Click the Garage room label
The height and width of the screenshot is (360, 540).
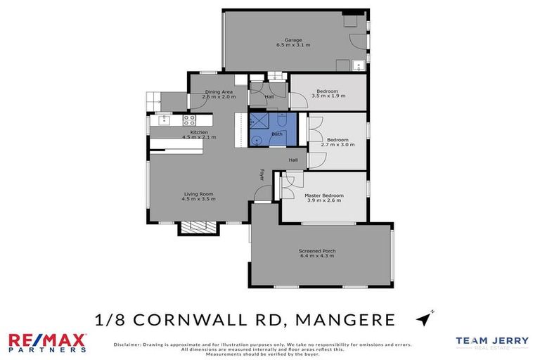293,40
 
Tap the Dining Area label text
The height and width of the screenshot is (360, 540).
219,92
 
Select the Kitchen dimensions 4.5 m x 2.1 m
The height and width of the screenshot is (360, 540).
198,137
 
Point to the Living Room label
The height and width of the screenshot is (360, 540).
197,194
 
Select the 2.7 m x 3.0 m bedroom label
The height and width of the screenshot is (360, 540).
337,145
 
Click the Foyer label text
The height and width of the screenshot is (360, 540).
262,174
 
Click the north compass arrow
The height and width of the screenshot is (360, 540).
424,319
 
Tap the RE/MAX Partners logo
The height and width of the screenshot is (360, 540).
46,342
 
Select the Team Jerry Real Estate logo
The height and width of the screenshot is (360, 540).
491,342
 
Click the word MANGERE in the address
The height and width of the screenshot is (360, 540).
342,320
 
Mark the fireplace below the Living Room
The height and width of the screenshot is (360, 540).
191,227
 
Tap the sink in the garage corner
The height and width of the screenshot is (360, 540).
358,67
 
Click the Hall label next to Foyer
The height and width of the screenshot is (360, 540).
292,160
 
